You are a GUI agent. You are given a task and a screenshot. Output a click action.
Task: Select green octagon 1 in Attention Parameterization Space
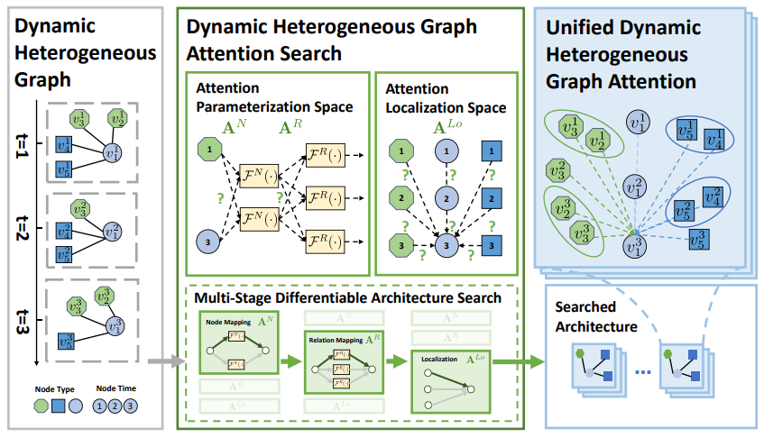click(207, 147)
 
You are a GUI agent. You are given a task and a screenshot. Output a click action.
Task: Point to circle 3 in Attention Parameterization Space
click(207, 241)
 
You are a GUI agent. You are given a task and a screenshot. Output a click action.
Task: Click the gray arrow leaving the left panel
click(161, 363)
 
